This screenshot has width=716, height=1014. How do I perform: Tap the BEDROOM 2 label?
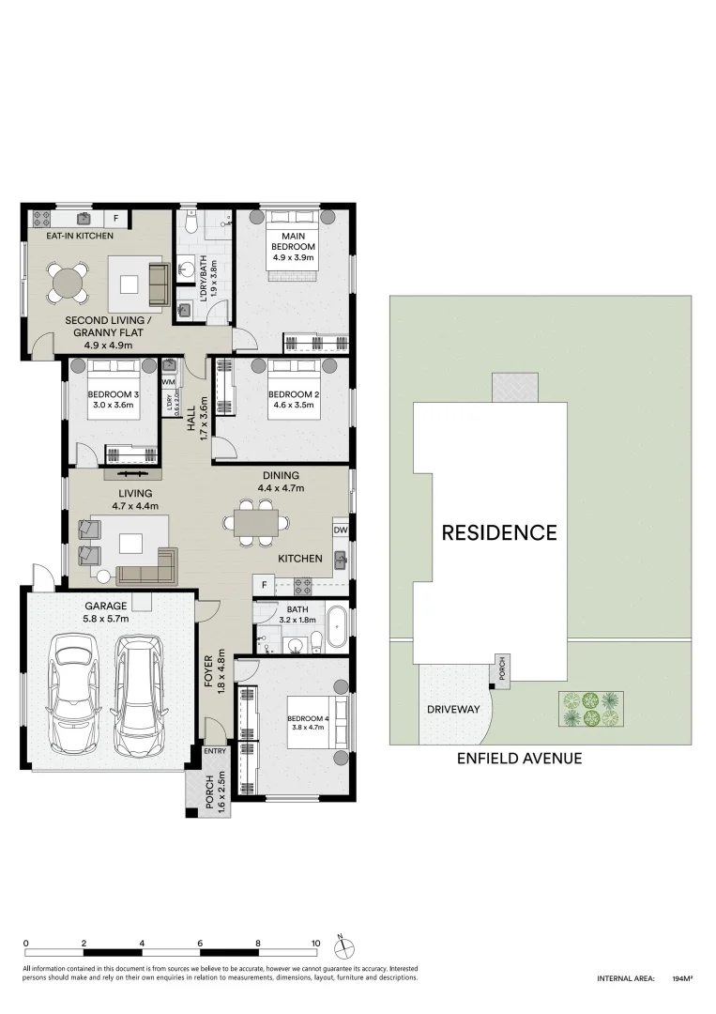(x=294, y=395)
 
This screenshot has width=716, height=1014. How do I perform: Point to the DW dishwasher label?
(x=340, y=530)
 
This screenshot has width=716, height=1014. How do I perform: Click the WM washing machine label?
(x=169, y=382)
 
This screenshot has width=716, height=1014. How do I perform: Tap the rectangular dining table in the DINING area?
(x=256, y=521)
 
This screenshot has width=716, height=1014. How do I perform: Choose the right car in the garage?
(x=138, y=693)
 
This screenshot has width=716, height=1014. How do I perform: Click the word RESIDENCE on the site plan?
(x=499, y=533)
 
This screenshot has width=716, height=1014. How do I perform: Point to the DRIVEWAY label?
(x=453, y=709)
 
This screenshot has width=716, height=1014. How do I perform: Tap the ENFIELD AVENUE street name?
(x=519, y=758)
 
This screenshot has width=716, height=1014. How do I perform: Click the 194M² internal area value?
(x=682, y=978)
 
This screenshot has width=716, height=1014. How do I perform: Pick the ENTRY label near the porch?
(x=215, y=751)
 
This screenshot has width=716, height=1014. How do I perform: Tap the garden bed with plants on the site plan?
(x=588, y=709)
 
